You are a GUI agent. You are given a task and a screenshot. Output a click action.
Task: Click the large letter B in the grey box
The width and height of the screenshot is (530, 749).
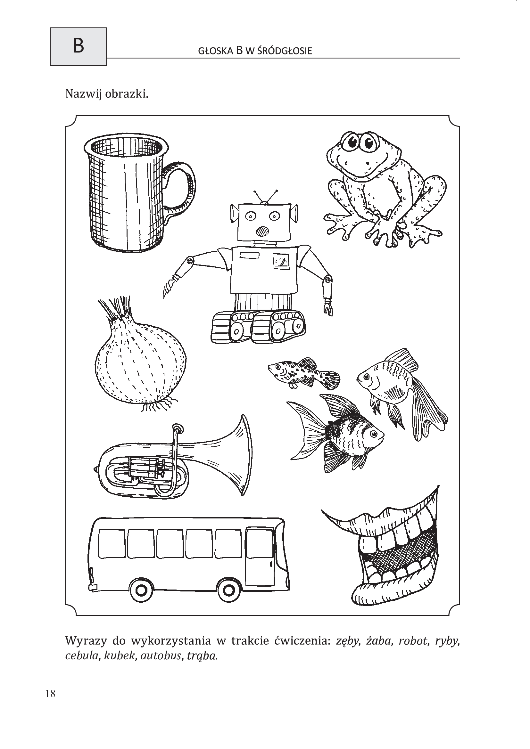(78, 46)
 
